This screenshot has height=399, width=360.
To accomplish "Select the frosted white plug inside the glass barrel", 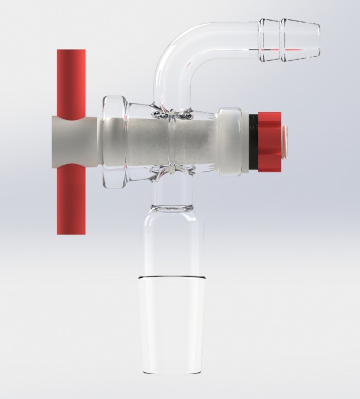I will point(154,142).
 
